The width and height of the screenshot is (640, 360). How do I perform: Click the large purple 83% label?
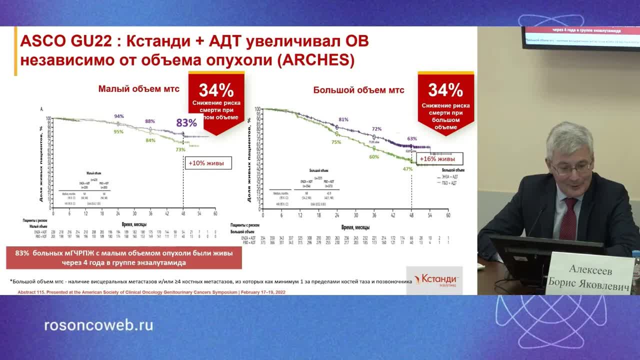click(x=186, y=123)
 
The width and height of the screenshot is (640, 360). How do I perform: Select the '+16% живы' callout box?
click(x=437, y=159)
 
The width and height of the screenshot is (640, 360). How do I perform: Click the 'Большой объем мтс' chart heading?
click(x=358, y=90)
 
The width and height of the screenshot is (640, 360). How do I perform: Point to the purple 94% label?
click(x=119, y=116)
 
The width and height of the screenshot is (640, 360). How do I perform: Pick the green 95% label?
click(x=119, y=131)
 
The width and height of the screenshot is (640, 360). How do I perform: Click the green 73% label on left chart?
click(x=180, y=149)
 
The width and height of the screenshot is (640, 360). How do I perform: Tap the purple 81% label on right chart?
click(x=343, y=119)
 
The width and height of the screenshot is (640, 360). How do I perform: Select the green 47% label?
click(x=407, y=169)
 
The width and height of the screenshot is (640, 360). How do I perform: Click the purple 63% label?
click(x=412, y=139)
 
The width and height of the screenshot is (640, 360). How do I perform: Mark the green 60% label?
click(x=374, y=157)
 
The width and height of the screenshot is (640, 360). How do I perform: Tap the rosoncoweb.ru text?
click(x=98, y=325)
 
